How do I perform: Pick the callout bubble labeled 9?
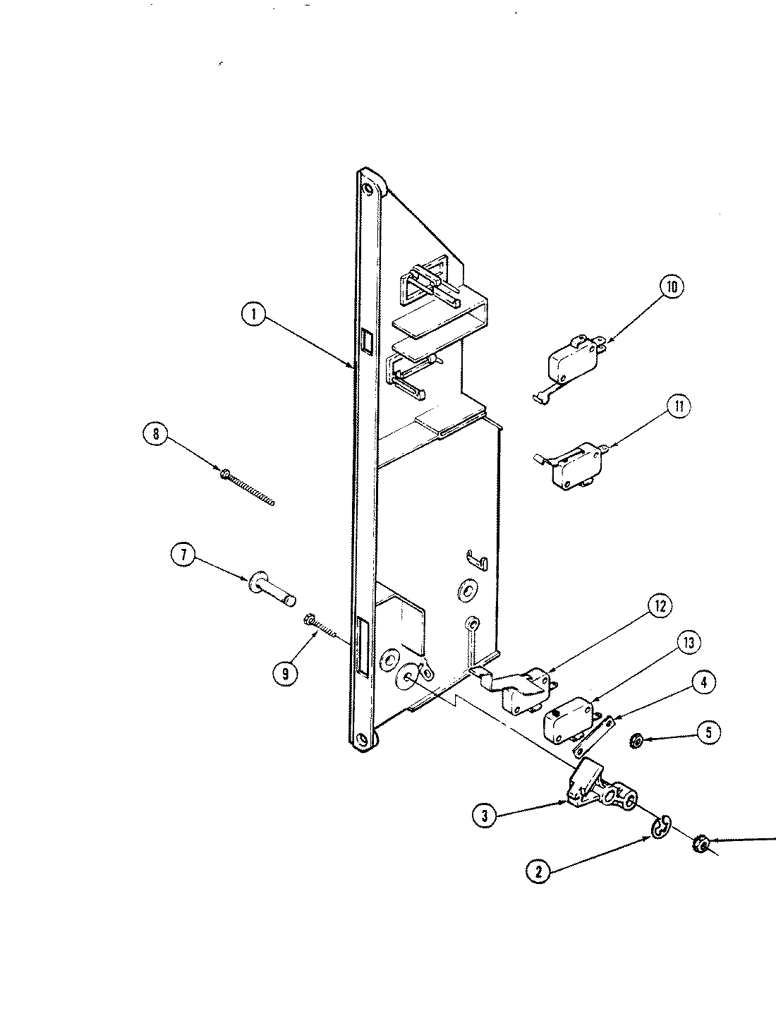coord(285,674)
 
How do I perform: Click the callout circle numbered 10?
coord(671,288)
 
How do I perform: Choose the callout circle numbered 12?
coord(659,606)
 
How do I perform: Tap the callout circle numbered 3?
coord(485,816)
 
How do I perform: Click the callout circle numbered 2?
coord(538,872)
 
